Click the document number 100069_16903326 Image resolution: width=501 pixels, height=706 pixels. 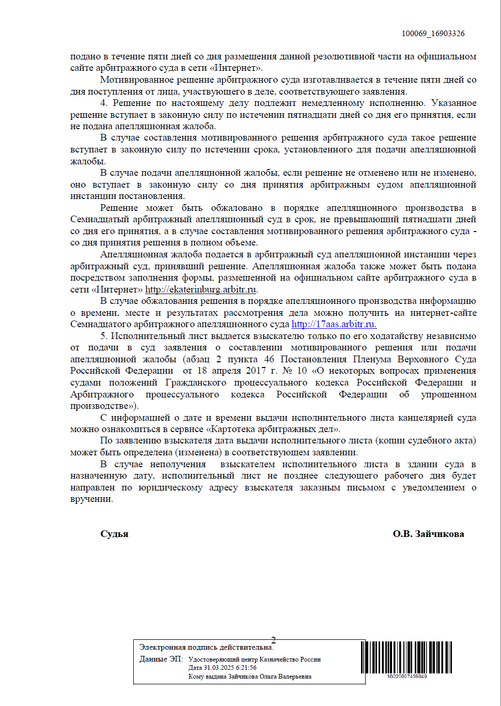pos(433,34)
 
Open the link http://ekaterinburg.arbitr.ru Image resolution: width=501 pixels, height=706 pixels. pos(200,289)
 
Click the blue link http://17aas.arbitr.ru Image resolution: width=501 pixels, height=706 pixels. pos(334,324)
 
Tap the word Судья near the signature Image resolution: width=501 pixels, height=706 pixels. pos(114,534)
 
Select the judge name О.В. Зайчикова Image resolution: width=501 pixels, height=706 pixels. pos(428,534)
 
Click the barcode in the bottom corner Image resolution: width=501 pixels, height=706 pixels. pos(406,657)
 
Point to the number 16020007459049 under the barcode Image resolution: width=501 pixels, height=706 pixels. pos(407,677)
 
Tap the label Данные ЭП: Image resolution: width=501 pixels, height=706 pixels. pos(161,659)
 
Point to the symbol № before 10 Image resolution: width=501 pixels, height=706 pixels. pos(287,371)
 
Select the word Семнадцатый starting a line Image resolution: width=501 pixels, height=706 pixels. pos(98,219)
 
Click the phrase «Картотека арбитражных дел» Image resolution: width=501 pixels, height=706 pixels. pos(273,429)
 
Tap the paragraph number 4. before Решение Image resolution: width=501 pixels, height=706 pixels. pos(104,103)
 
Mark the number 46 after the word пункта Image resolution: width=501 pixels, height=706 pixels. pos(269,359)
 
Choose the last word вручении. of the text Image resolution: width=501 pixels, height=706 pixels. pos(91,499)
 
